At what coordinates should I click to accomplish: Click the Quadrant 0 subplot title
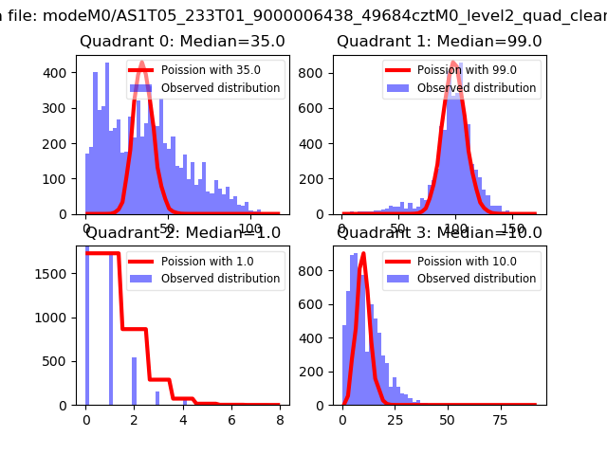pyautogui.click(x=182, y=42)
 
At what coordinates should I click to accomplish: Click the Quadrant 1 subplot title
pyautogui.click(x=439, y=42)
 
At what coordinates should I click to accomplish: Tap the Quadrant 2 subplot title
pyautogui.click(x=182, y=233)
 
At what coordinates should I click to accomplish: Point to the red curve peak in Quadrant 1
pyautogui.click(x=453, y=63)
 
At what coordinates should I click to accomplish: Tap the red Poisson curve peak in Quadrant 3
pyautogui.click(x=363, y=254)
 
